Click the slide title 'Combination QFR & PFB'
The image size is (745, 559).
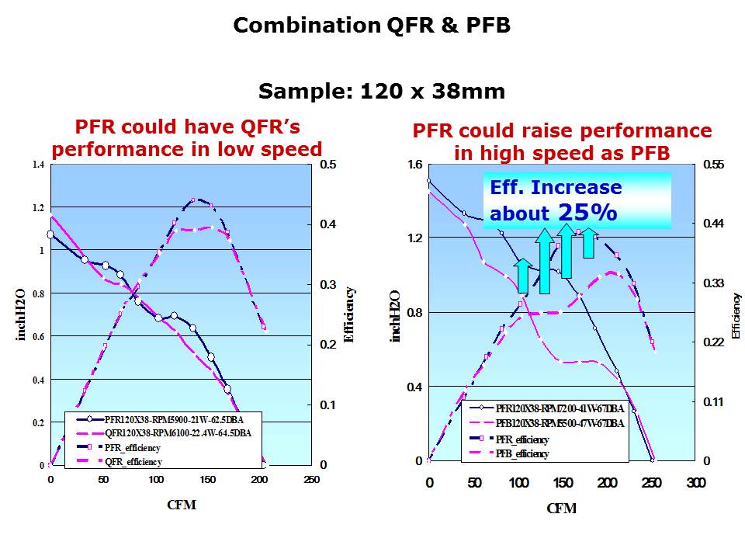(372, 26)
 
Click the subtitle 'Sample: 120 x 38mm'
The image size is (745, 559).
(381, 92)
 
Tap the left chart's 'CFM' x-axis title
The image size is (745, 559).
(182, 505)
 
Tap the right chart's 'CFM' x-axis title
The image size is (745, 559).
(561, 509)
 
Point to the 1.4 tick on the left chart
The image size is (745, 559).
(38, 165)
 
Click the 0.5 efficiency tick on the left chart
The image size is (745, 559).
(328, 165)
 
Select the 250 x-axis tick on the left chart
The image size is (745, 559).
(310, 480)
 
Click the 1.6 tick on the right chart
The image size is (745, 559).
(414, 165)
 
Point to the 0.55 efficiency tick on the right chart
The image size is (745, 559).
(712, 165)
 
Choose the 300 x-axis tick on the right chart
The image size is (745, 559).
(695, 482)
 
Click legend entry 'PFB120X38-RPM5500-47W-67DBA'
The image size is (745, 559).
(559, 424)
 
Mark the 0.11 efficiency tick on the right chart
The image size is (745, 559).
(712, 401)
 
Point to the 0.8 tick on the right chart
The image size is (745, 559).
(414, 312)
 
